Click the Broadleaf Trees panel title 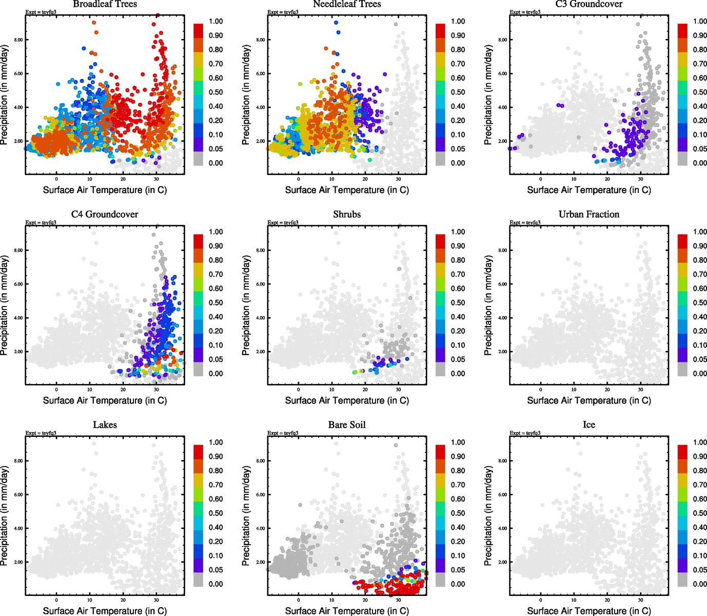(105, 4)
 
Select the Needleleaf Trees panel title (347, 4)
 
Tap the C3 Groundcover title (589, 4)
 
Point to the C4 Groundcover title (105, 215)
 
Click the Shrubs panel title (347, 215)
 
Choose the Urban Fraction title (589, 215)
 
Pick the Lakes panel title (105, 425)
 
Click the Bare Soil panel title (347, 425)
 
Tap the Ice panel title (589, 425)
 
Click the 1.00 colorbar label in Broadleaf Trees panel (215, 22)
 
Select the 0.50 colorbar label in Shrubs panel (458, 303)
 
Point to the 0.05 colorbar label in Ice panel (700, 570)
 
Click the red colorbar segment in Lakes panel (198, 452)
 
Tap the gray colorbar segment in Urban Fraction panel (682, 369)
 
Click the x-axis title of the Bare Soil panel (347, 611)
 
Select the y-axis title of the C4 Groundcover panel (5, 306)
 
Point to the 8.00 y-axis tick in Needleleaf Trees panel (260, 40)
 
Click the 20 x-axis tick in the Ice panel (607, 600)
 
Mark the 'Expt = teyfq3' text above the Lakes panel (41, 433)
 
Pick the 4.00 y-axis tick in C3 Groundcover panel (502, 108)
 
